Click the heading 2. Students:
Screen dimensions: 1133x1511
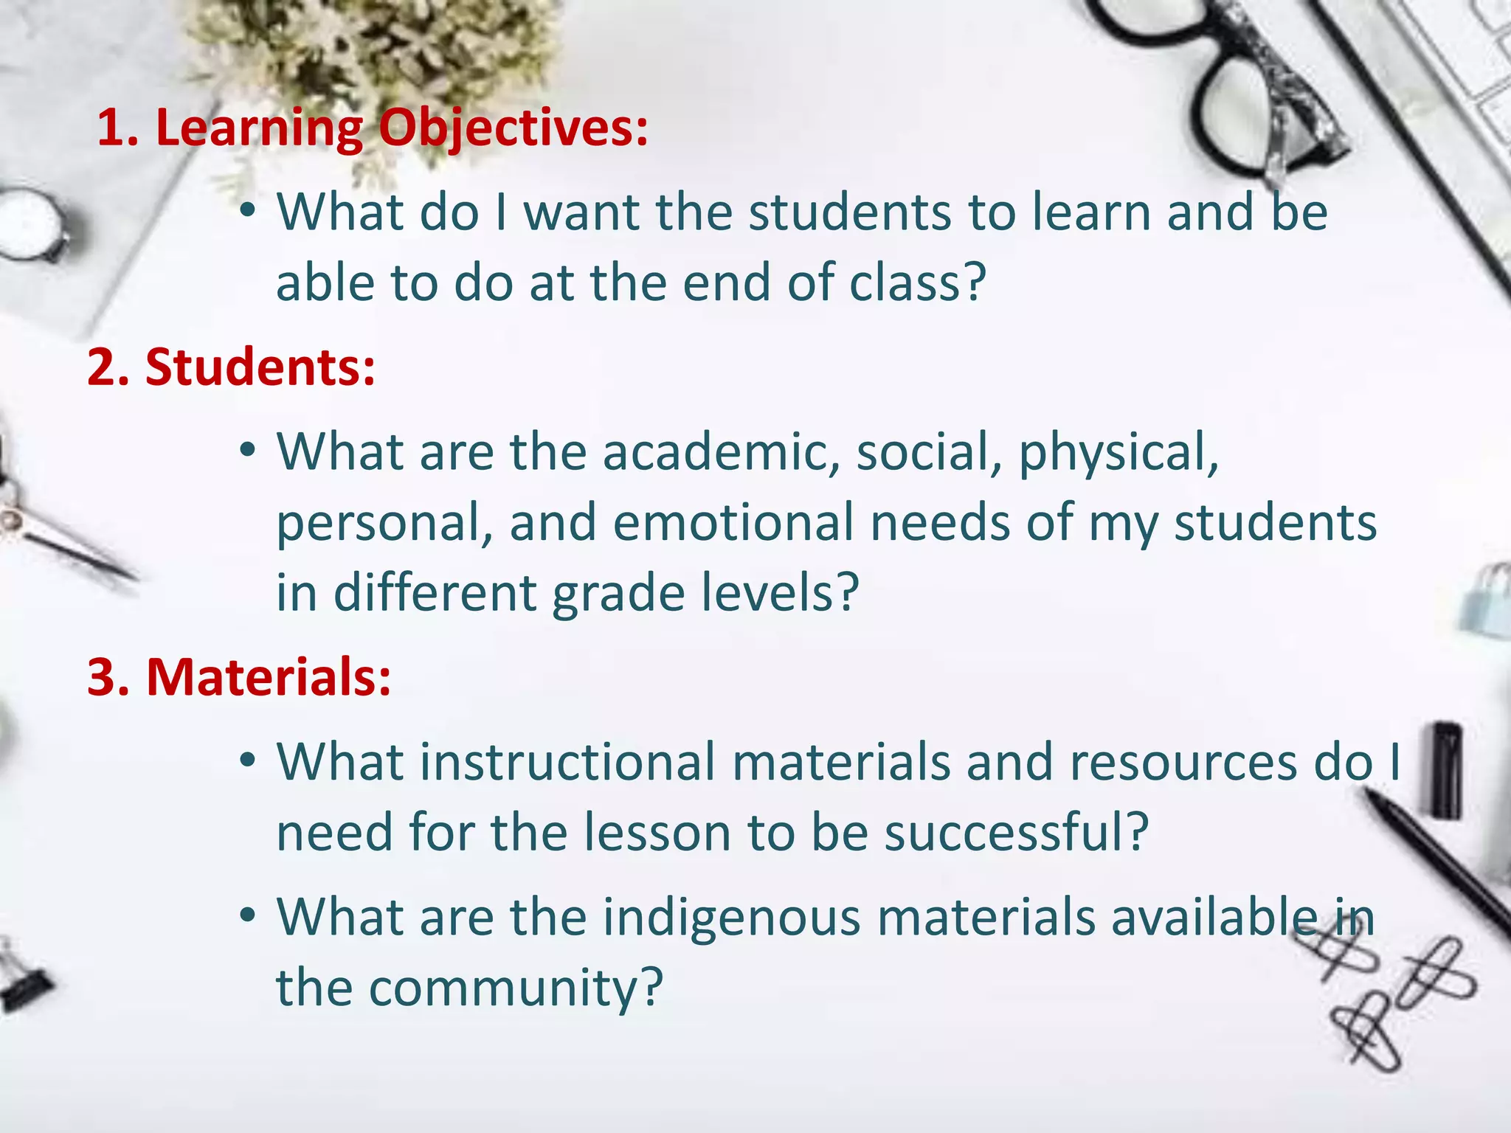coord(231,367)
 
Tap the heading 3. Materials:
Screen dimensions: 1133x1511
coord(239,676)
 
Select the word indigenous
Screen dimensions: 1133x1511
coord(732,918)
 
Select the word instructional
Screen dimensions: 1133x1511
coord(568,762)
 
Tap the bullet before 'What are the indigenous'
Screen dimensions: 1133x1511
coord(248,917)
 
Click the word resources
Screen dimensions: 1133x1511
coord(1183,762)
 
